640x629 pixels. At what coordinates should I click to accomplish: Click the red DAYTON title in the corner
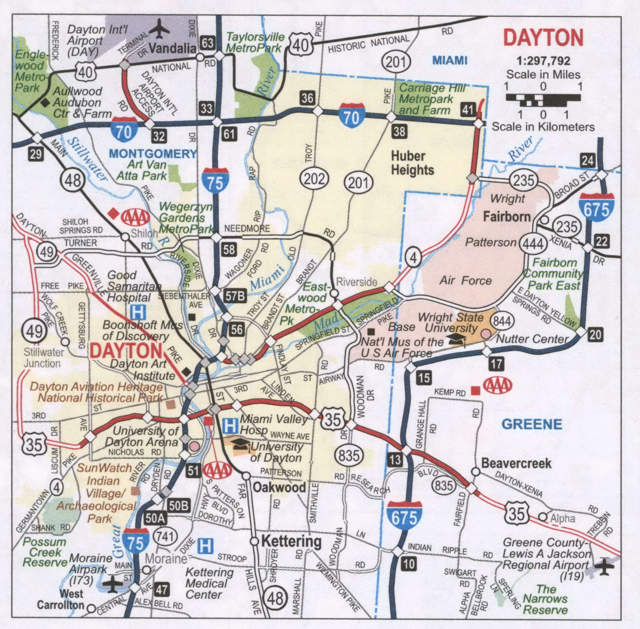[543, 38]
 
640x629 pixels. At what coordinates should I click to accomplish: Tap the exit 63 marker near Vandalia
[207, 43]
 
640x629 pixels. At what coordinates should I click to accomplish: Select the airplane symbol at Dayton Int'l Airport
[159, 28]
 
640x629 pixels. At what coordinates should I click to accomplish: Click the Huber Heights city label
[412, 163]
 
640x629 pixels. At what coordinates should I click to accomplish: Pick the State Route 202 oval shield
[314, 179]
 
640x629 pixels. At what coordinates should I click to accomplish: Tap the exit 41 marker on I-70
[467, 109]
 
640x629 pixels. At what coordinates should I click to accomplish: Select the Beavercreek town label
[516, 463]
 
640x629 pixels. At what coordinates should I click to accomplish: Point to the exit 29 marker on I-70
[36, 154]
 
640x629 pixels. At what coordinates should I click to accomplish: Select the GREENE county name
[532, 424]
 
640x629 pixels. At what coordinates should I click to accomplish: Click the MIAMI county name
[450, 60]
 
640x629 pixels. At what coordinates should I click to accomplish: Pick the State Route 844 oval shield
[502, 321]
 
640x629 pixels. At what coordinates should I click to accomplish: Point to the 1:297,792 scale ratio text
[543, 60]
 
